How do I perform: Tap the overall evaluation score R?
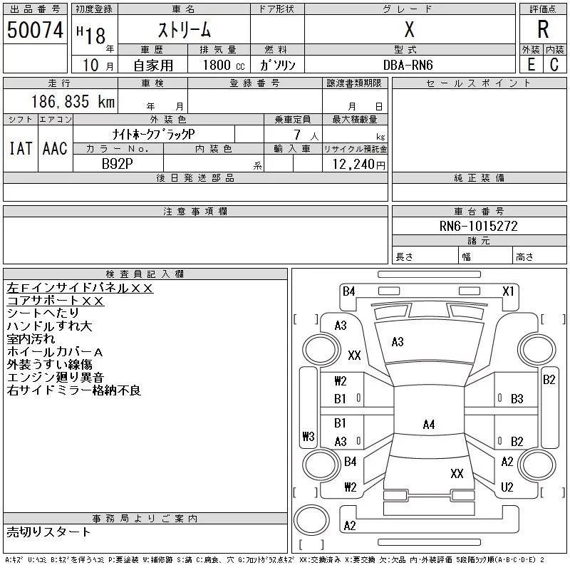pos(543,29)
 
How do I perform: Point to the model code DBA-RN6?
pos(408,65)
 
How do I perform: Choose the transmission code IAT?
pos(20,148)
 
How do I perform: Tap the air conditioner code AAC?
pos(54,148)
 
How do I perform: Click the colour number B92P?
pos(118,163)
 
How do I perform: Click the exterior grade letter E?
pos(531,65)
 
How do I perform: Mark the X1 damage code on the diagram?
pos(508,291)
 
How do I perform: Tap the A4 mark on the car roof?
pos(428,425)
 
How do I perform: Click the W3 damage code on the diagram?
pos(308,436)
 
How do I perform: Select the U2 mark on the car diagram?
pos(507,487)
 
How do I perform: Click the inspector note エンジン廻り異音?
pos(56,378)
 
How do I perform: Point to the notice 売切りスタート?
pos(49,532)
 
